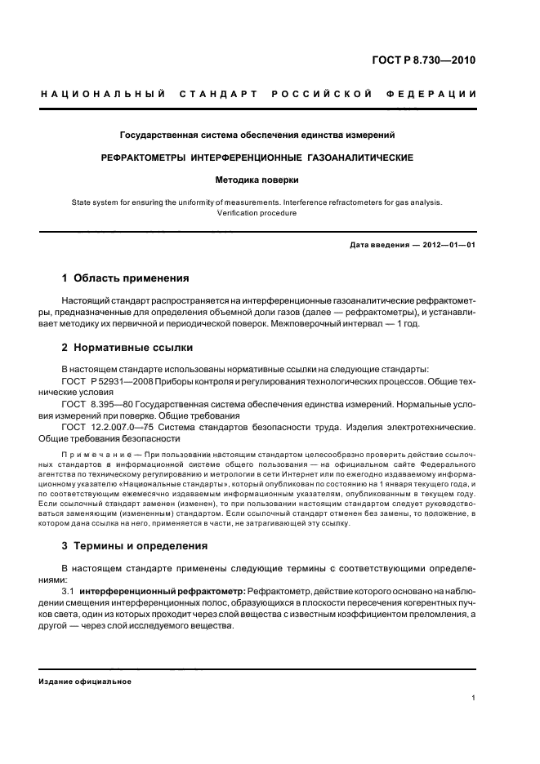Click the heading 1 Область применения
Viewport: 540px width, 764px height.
(126, 278)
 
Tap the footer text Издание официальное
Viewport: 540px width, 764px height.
(85, 682)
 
